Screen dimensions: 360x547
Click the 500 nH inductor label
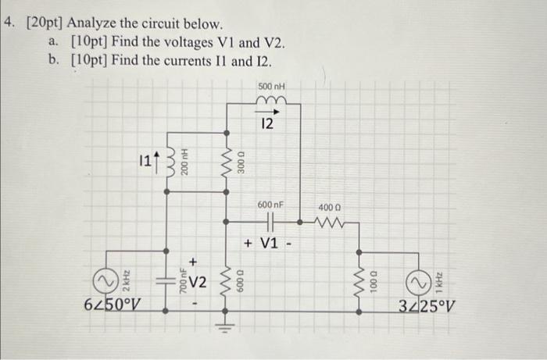270,85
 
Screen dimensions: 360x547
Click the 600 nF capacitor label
270,205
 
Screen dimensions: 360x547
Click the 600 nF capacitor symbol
270,222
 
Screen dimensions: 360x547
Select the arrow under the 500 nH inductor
270,110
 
